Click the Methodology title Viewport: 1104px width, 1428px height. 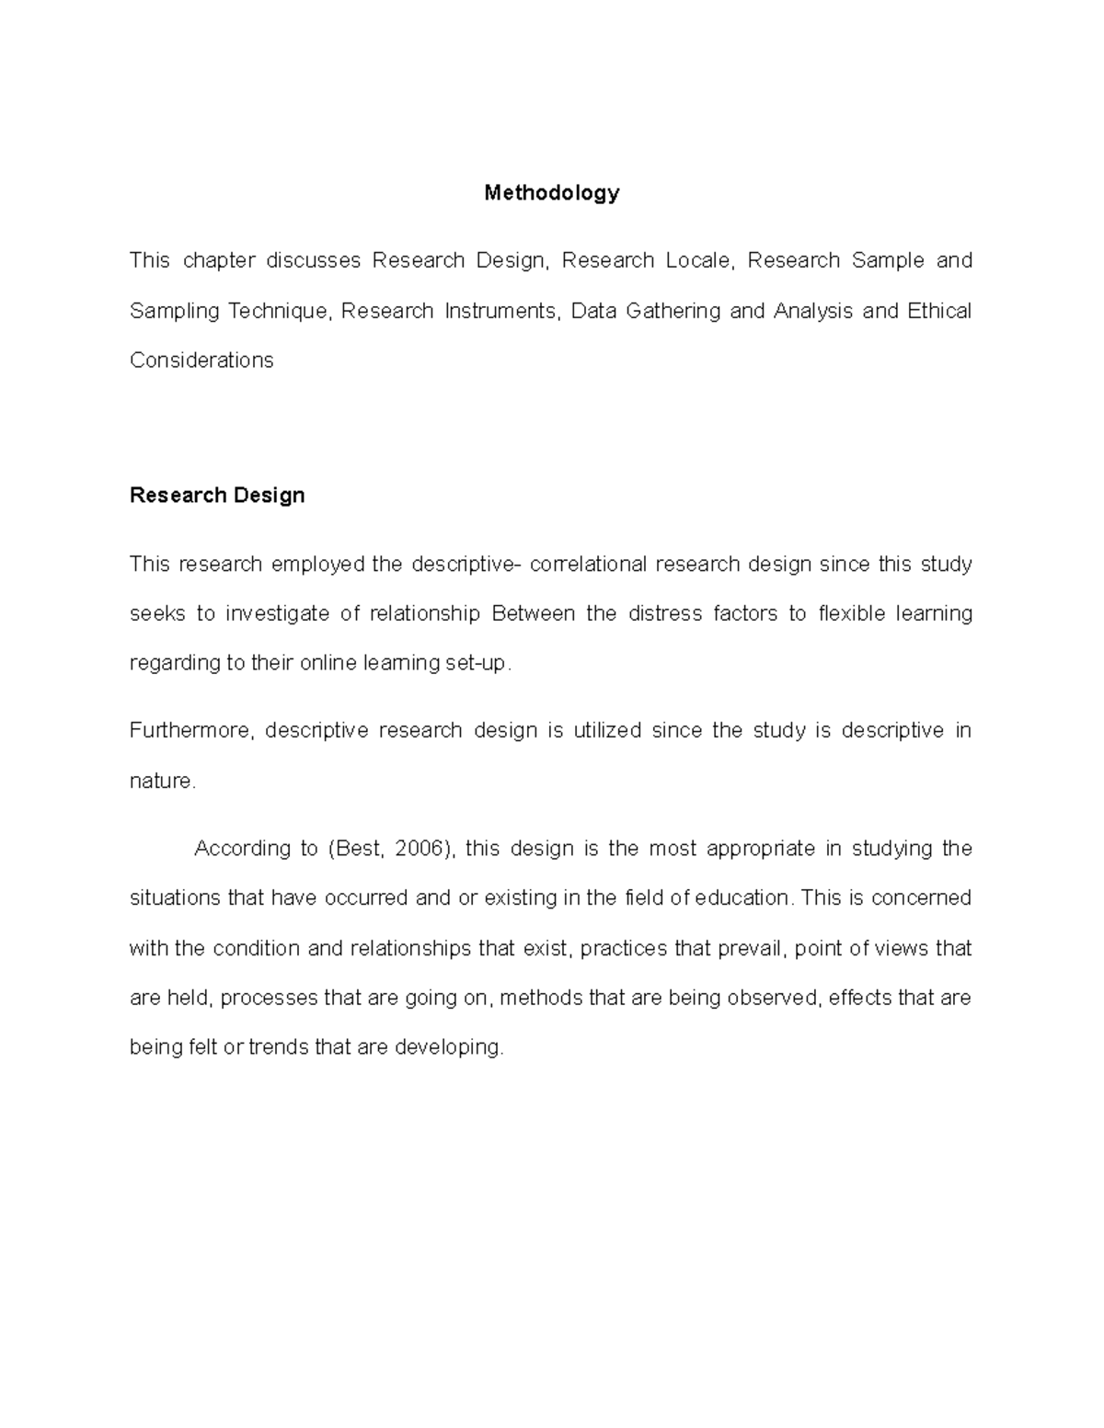[552, 193]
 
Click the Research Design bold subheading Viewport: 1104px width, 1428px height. [217, 496]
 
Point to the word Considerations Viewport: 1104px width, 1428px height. [201, 360]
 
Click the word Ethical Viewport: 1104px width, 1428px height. [939, 311]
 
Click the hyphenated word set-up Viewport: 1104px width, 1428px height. [476, 663]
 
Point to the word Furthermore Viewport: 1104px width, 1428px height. [190, 731]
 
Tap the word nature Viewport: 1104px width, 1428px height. [161, 782]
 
